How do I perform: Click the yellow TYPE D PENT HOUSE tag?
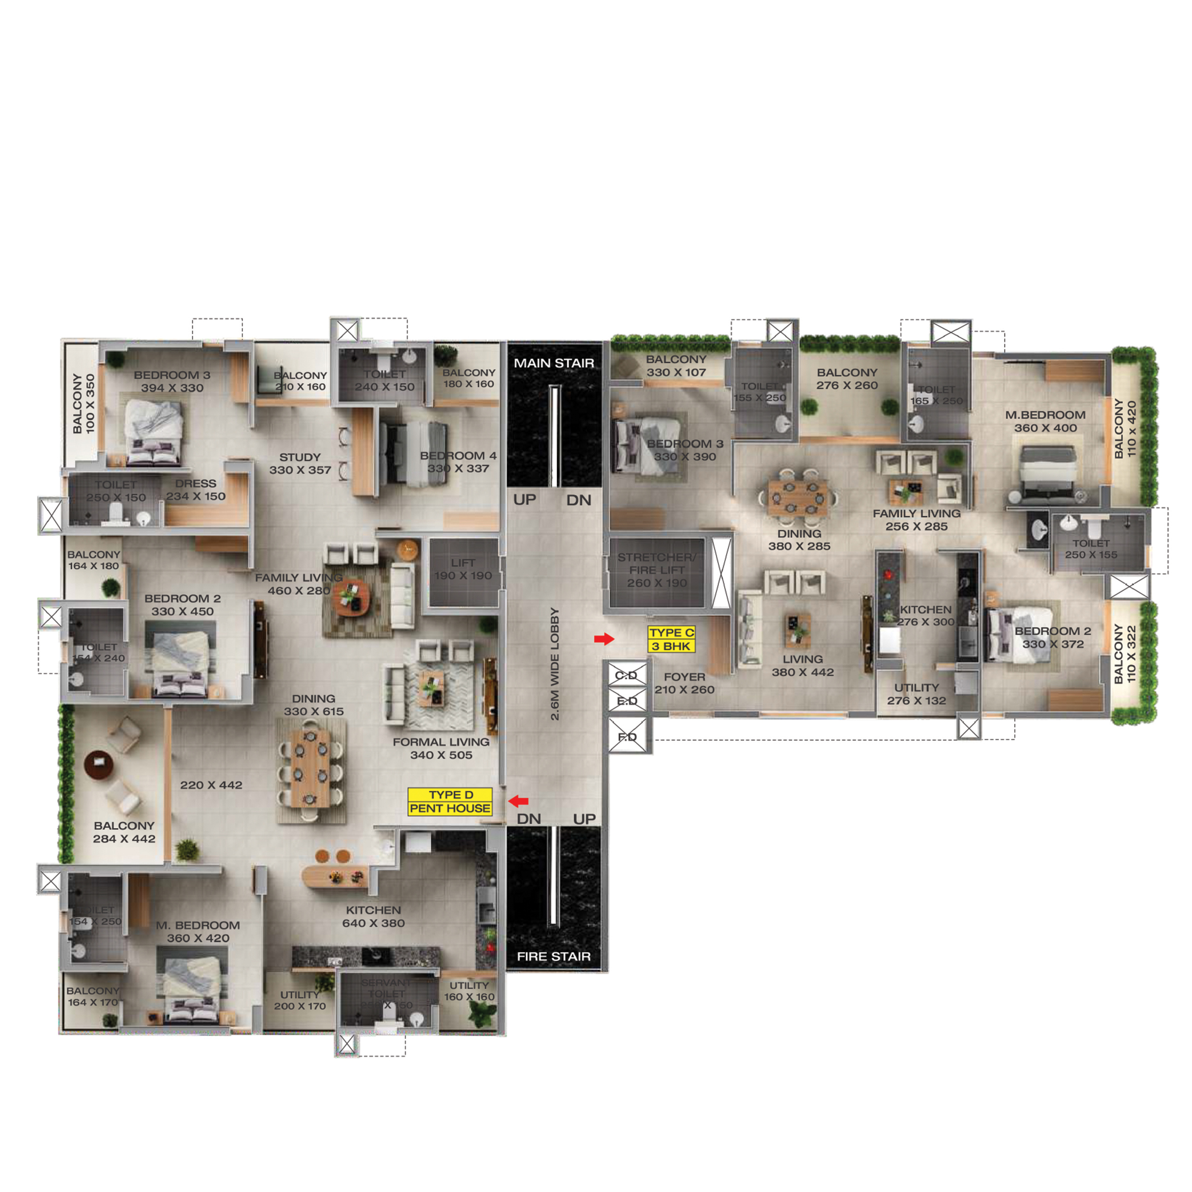click(x=450, y=801)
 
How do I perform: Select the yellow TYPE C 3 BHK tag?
click(x=671, y=639)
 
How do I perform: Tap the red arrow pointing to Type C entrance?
click(x=603, y=639)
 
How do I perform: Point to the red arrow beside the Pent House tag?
click(x=518, y=801)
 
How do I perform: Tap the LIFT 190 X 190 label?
click(x=463, y=569)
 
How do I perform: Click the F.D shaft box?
click(x=628, y=737)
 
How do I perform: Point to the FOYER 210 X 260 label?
click(x=684, y=683)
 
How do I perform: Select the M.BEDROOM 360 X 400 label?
click(x=1045, y=422)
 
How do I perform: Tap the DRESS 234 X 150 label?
click(x=196, y=490)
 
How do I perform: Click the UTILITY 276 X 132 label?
click(x=916, y=694)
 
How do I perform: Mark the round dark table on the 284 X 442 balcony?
click(x=99, y=763)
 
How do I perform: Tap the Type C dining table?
click(x=799, y=497)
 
